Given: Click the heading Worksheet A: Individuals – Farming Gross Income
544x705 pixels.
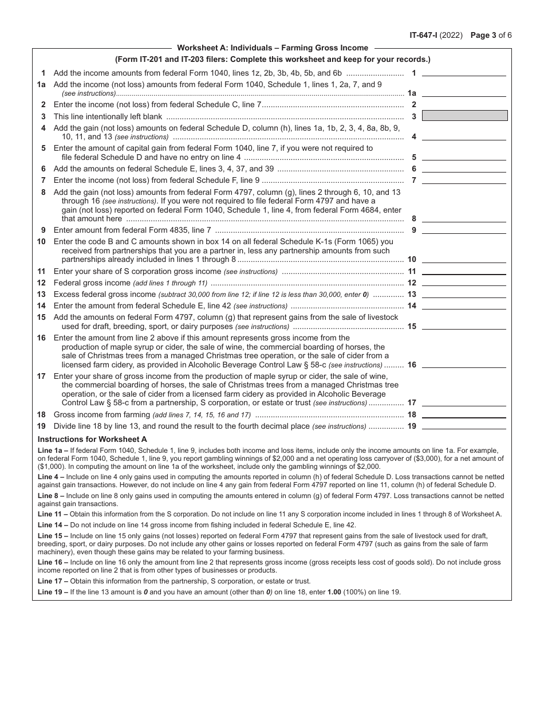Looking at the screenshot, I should [x=273, y=48].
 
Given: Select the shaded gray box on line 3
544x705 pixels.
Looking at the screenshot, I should [x=464, y=116].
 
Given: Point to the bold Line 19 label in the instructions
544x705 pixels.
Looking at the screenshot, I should [x=53, y=592].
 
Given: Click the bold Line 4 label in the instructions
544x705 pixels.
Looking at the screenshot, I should [x=50, y=477].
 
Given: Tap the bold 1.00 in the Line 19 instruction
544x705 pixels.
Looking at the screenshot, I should [x=334, y=592].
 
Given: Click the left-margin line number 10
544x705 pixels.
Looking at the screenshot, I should [x=41, y=242].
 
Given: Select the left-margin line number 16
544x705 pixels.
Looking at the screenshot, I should [x=41, y=338].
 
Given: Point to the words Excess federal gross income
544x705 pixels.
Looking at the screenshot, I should [x=104, y=295].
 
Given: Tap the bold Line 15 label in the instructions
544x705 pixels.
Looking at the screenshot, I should [x=53, y=535].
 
